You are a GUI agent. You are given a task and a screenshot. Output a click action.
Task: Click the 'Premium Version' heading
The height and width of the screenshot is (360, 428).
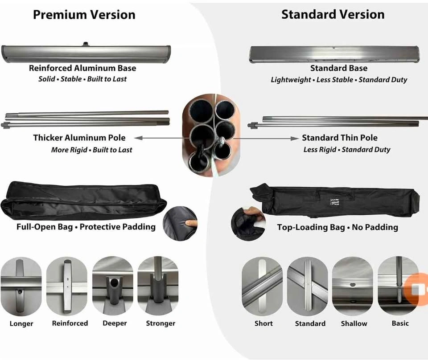84,15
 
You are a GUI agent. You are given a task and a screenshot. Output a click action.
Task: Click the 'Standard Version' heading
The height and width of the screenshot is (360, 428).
333,14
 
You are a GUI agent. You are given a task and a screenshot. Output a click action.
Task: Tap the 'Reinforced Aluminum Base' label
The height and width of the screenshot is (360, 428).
82,68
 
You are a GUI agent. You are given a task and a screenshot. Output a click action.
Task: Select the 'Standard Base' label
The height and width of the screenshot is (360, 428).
339,68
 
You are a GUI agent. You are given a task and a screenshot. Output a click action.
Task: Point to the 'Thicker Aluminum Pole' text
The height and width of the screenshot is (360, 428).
79,138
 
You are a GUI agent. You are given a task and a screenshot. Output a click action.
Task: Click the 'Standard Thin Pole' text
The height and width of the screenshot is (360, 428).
340,138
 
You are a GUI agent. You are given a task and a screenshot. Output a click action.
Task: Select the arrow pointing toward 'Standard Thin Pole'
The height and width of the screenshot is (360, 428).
266,139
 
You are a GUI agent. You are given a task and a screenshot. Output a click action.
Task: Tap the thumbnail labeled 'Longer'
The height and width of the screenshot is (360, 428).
21,286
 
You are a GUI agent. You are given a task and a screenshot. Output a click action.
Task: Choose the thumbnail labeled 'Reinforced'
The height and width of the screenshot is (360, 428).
67,286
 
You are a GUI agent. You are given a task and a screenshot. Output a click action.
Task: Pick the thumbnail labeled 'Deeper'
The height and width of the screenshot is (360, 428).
113,286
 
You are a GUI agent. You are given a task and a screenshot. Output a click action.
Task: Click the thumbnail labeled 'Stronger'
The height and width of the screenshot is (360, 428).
158,286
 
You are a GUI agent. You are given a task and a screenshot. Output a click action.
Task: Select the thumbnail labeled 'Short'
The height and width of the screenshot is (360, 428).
262,286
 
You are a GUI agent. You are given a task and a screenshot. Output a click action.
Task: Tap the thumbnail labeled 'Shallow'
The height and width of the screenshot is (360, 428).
353,286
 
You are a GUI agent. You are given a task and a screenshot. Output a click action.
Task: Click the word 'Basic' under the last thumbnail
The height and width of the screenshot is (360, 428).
400,323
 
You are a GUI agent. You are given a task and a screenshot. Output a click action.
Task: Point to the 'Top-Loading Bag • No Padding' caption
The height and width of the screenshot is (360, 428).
337,227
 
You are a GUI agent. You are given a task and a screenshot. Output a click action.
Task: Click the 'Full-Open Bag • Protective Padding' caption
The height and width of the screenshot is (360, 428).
86,227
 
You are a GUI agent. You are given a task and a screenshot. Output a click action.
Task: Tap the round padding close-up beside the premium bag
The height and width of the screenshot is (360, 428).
180,224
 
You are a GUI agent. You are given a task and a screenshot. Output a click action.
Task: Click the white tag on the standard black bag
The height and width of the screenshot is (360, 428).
334,202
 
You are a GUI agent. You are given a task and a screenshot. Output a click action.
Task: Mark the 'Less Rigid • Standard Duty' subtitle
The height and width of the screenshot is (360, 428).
347,150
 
